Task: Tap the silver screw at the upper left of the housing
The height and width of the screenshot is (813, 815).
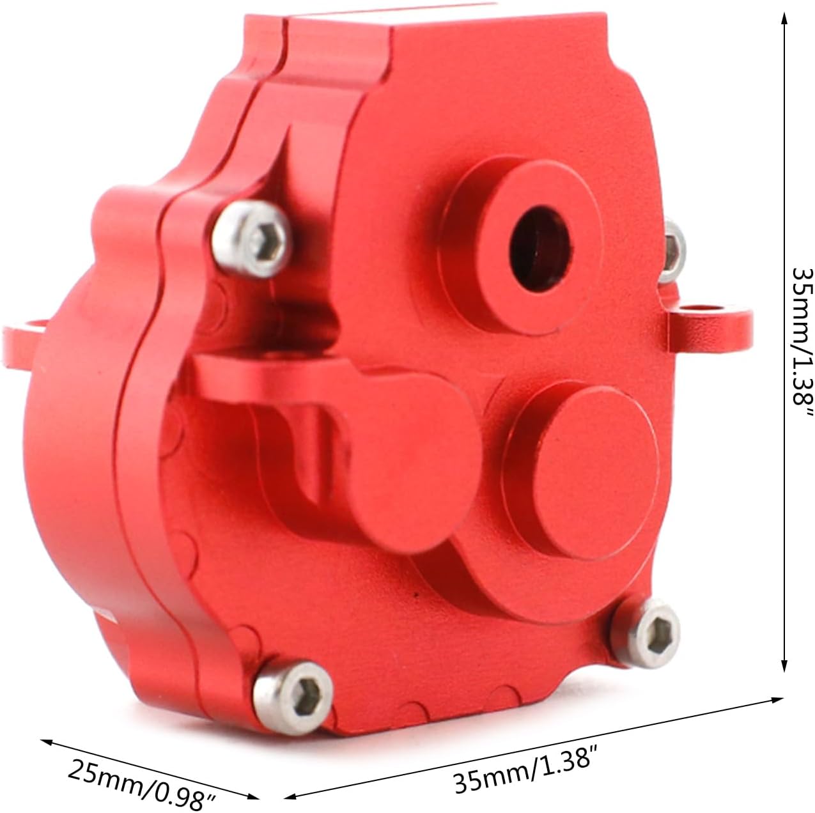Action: tap(252, 238)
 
